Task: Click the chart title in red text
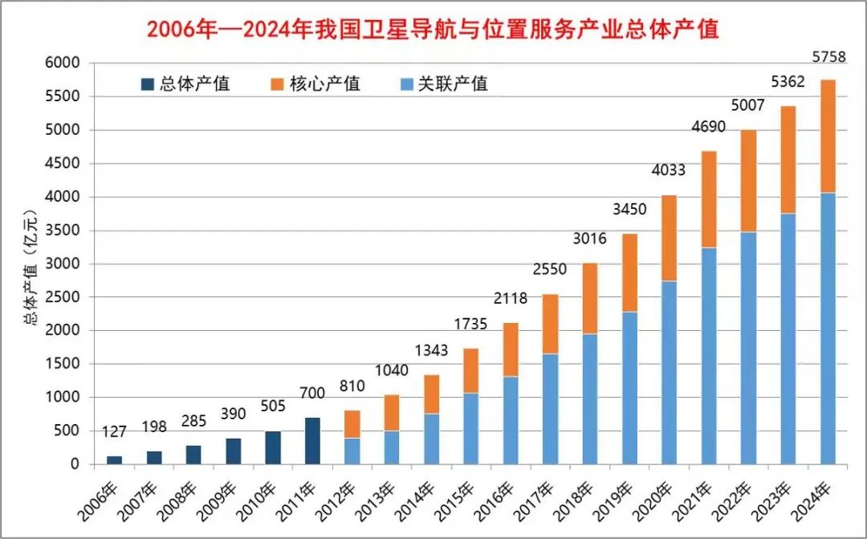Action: point(433,30)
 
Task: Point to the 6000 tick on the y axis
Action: point(63,63)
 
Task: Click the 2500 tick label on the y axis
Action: point(63,297)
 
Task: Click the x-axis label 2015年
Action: point(454,497)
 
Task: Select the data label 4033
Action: point(669,170)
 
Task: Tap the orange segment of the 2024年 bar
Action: point(827,136)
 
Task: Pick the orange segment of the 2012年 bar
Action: point(352,424)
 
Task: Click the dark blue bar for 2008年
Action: point(193,455)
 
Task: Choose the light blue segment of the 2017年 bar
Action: point(550,409)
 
